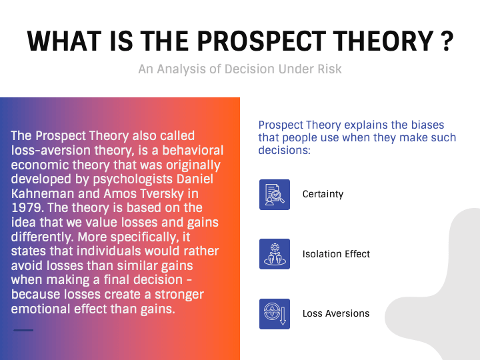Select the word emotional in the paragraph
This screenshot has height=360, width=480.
point(40,309)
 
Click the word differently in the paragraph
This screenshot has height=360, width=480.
point(41,237)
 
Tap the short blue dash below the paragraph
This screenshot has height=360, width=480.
point(23,330)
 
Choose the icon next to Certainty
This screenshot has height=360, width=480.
point(275,195)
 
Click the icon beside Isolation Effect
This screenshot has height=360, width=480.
point(275,254)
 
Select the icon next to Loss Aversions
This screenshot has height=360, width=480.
point(275,313)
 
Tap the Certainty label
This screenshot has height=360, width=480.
point(323,195)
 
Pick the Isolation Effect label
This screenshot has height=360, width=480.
point(336,254)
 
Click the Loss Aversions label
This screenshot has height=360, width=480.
point(335,313)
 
